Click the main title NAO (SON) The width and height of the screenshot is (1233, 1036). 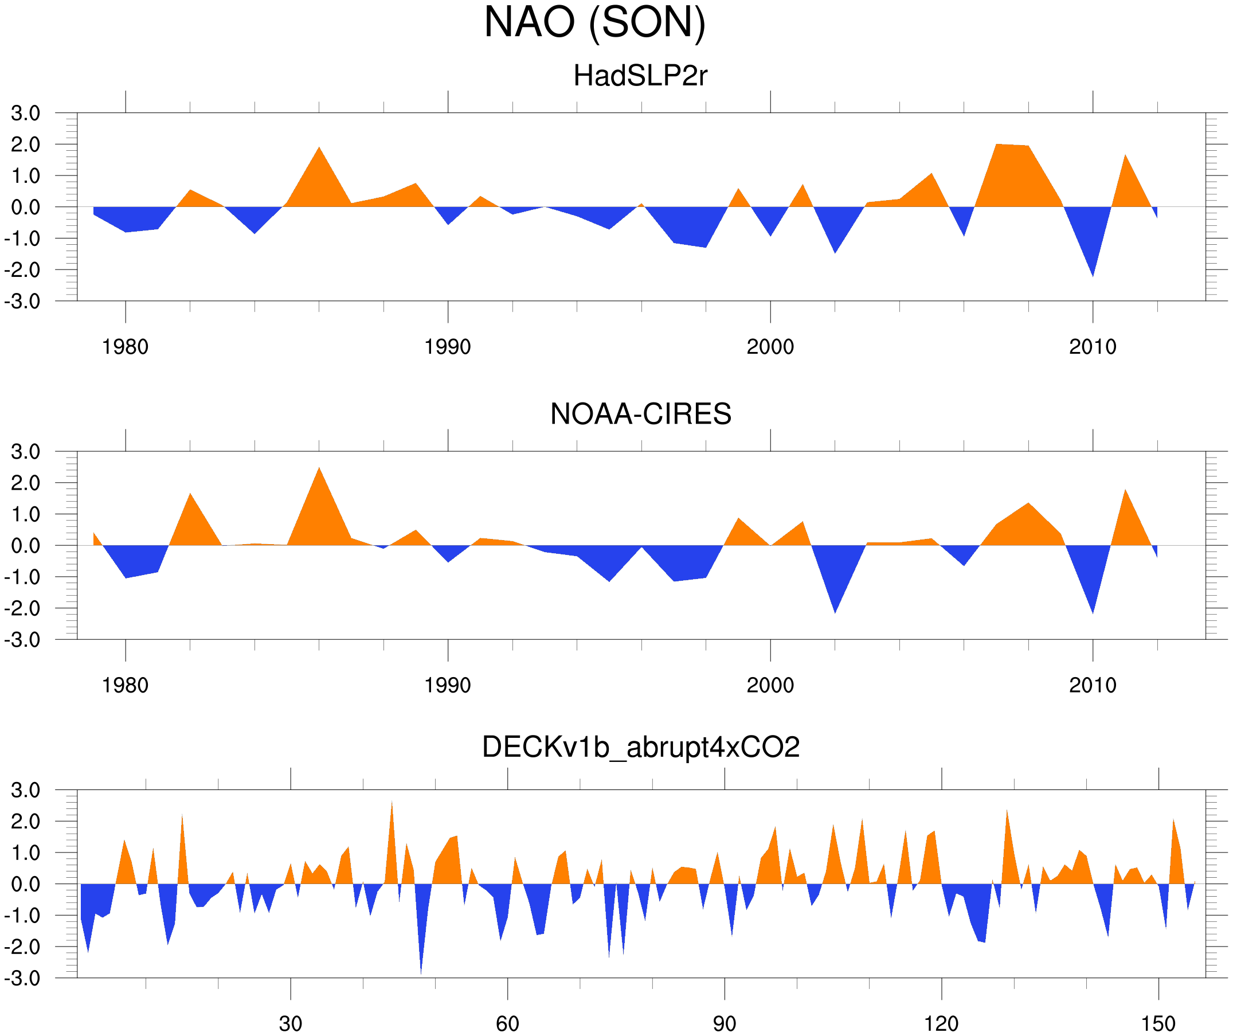(x=594, y=22)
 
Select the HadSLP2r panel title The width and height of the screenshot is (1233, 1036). (x=640, y=76)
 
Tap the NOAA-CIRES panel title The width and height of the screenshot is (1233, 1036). (x=640, y=414)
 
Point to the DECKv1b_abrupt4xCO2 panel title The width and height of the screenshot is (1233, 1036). (x=640, y=747)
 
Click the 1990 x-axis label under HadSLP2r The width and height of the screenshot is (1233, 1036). (x=448, y=347)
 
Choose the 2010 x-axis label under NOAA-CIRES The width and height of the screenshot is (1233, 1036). (x=1092, y=685)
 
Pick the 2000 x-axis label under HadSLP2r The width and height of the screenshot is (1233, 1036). (x=770, y=347)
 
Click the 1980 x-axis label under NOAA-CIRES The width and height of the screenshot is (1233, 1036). (x=125, y=685)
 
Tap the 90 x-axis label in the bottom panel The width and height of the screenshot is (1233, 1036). (x=724, y=1023)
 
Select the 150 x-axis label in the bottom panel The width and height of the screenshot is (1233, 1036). (x=1158, y=1023)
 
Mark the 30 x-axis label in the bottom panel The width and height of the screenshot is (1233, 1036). (x=290, y=1023)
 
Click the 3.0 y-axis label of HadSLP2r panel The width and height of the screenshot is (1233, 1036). (x=25, y=114)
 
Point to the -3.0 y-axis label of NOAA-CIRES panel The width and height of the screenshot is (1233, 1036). (x=22, y=640)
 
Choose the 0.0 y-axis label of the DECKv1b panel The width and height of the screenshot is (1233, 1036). (x=25, y=884)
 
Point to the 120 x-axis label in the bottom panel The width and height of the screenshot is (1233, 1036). (x=941, y=1023)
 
